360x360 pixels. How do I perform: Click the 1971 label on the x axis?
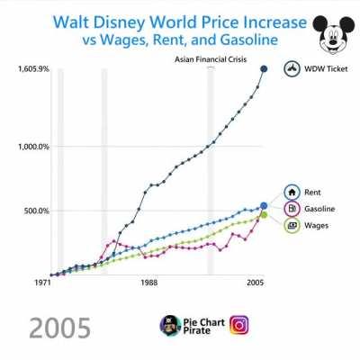pyautogui.click(x=40, y=284)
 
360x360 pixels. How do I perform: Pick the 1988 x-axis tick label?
pyautogui.click(x=148, y=284)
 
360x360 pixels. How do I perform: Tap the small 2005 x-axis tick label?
pyautogui.click(x=256, y=284)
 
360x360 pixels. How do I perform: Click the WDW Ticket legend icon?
pyautogui.click(x=292, y=68)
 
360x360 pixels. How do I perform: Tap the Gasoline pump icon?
pyautogui.click(x=292, y=209)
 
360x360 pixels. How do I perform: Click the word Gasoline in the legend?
pyautogui.click(x=320, y=209)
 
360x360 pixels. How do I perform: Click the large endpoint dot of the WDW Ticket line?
pyautogui.click(x=264, y=68)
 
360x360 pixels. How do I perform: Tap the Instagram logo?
pyautogui.click(x=240, y=325)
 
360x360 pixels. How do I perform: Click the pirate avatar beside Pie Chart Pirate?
pyautogui.click(x=168, y=325)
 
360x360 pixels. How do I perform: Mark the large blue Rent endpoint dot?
pyautogui.click(x=264, y=206)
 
